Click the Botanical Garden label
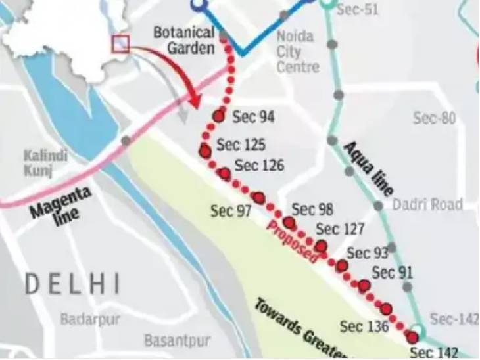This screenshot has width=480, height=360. pos(184,40)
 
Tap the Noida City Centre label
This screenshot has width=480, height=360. pos(298,51)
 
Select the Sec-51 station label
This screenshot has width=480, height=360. pos(358,10)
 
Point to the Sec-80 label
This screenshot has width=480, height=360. pos(434,118)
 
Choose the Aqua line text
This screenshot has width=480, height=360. pos(368,168)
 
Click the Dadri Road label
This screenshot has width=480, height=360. pos(427,204)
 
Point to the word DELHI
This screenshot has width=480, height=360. pos(73,284)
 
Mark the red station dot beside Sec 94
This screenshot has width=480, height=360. pos(218,116)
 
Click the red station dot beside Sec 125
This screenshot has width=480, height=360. pos(204,152)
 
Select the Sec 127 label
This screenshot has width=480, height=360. pos(340,229)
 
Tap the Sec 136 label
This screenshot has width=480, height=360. pos(364,326)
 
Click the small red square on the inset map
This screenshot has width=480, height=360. pos(121,44)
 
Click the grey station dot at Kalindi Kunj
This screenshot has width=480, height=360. pos(126,141)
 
